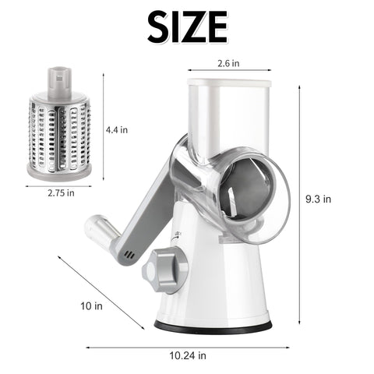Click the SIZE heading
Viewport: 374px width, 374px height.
pyautogui.click(x=186, y=28)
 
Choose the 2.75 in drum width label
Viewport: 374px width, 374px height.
pyautogui.click(x=59, y=192)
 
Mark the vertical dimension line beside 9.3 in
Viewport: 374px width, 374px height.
pyautogui.click(x=299, y=203)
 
